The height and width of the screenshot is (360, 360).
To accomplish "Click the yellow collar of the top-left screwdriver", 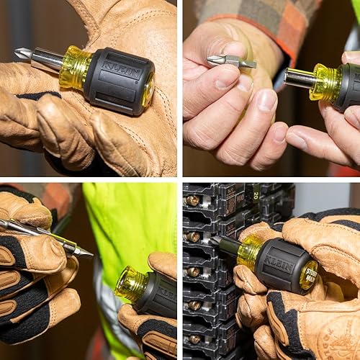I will (74, 67).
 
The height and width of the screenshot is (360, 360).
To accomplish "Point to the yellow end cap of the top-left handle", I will (148, 89).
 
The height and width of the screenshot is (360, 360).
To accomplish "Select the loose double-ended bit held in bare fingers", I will (230, 61).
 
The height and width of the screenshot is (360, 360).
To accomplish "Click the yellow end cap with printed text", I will (310, 275).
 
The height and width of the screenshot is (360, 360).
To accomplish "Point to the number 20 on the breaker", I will (254, 193).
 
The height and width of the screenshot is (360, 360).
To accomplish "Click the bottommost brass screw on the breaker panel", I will (194, 338).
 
